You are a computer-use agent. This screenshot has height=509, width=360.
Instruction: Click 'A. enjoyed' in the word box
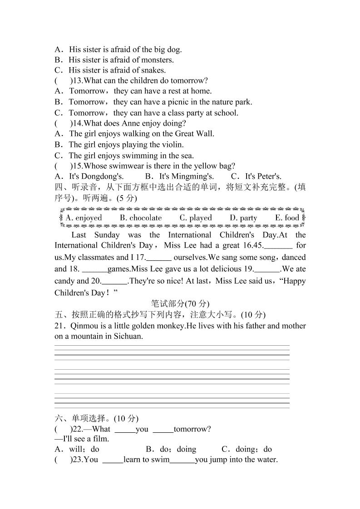click(x=84, y=218)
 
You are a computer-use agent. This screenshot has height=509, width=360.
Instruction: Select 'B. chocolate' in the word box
click(x=141, y=218)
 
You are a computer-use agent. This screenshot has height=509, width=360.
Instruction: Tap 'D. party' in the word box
click(x=243, y=218)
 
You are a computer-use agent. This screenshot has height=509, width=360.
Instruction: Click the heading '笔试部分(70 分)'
click(x=180, y=303)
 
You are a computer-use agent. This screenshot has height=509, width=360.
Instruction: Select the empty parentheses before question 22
click(x=63, y=429)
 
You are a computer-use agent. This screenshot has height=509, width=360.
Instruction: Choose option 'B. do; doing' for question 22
click(x=171, y=450)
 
